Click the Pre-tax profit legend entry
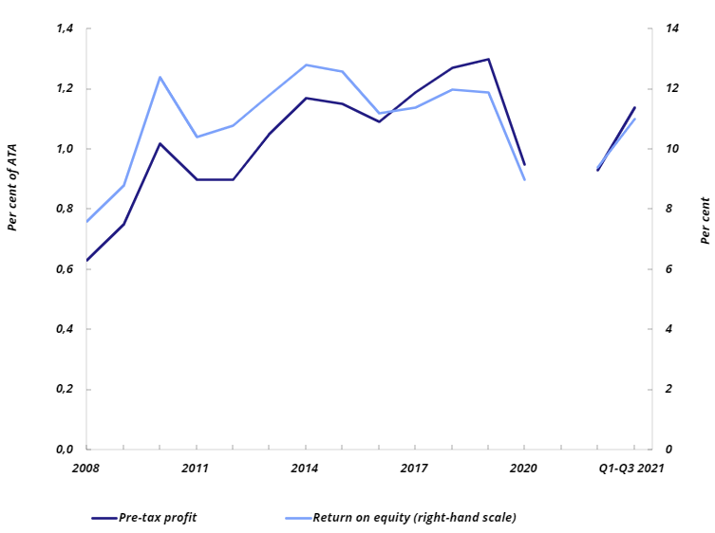(x=158, y=517)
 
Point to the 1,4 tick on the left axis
(x=65, y=28)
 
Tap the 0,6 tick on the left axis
(x=65, y=269)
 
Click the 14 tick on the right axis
(x=672, y=28)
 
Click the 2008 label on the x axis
(x=86, y=468)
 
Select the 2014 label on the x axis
(x=306, y=468)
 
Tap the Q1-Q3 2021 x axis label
(x=631, y=468)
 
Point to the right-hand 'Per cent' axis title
(x=705, y=221)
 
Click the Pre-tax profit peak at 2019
(x=488, y=59)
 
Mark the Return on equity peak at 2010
(x=160, y=77)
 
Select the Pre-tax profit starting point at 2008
(x=87, y=260)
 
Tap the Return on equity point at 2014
(x=306, y=64)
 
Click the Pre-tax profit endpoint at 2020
(x=524, y=165)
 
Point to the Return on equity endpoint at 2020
(x=524, y=179)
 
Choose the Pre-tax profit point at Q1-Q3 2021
(x=634, y=107)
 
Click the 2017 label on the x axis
(x=415, y=468)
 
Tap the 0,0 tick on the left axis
(x=65, y=450)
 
